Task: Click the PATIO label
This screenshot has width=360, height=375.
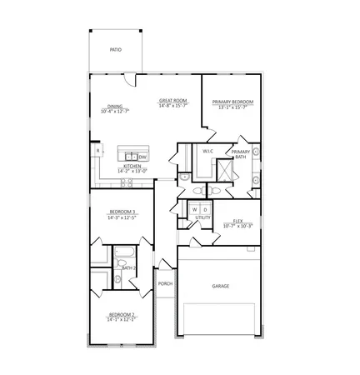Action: click(x=116, y=50)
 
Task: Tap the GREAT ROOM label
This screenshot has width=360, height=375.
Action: click(x=172, y=101)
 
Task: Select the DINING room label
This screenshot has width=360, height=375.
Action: click(x=116, y=106)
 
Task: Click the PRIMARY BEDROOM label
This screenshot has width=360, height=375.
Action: click(x=232, y=102)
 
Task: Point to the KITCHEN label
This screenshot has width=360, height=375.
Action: click(x=132, y=166)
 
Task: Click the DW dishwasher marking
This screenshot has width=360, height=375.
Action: click(x=143, y=156)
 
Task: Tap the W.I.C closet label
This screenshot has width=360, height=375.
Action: click(x=208, y=151)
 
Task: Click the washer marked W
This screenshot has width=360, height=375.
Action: click(x=195, y=209)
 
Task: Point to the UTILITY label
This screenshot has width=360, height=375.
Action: click(x=202, y=218)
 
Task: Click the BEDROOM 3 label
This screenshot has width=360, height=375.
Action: click(x=122, y=212)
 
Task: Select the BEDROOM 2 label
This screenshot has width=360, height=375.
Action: click(x=121, y=314)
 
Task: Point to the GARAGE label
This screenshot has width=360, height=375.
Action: click(x=220, y=286)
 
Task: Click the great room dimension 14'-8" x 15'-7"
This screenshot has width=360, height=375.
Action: click(x=172, y=106)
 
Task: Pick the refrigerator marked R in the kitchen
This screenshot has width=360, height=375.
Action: click(x=99, y=151)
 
